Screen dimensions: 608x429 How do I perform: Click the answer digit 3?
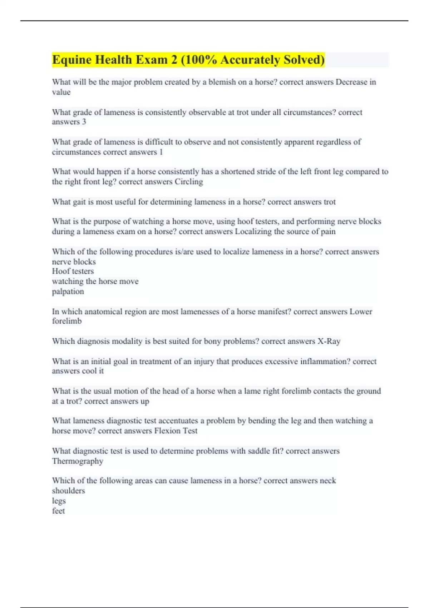tap(84, 122)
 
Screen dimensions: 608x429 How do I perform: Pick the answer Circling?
tap(189, 182)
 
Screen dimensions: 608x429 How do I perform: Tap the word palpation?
tap(68, 291)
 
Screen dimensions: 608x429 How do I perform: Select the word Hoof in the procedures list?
tap(60, 271)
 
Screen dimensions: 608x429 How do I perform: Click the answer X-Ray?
tap(329, 341)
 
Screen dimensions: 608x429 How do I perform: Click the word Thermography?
tap(78, 461)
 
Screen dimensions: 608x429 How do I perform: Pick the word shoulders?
tap(68, 491)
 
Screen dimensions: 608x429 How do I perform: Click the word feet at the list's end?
tap(58, 511)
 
